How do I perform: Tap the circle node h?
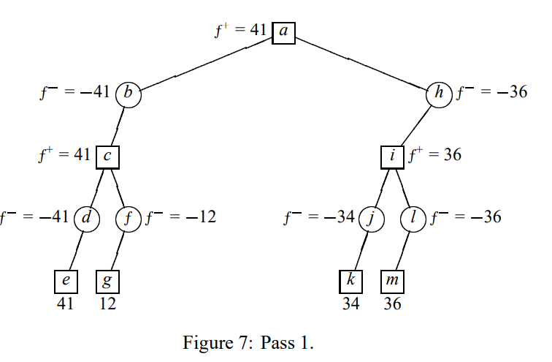click(x=440, y=94)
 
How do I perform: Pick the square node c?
click(x=108, y=157)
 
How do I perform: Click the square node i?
click(x=393, y=157)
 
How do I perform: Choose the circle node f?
click(x=128, y=217)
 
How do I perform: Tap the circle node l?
click(x=413, y=217)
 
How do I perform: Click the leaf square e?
click(x=66, y=282)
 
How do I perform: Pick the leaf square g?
click(x=108, y=282)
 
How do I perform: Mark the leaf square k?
click(x=351, y=282)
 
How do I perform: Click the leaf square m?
click(x=393, y=282)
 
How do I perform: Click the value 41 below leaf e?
click(x=66, y=303)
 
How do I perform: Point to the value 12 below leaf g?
click(x=107, y=303)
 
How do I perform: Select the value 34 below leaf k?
click(x=351, y=303)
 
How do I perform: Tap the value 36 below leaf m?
click(x=393, y=303)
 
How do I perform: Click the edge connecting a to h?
click(x=361, y=63)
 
